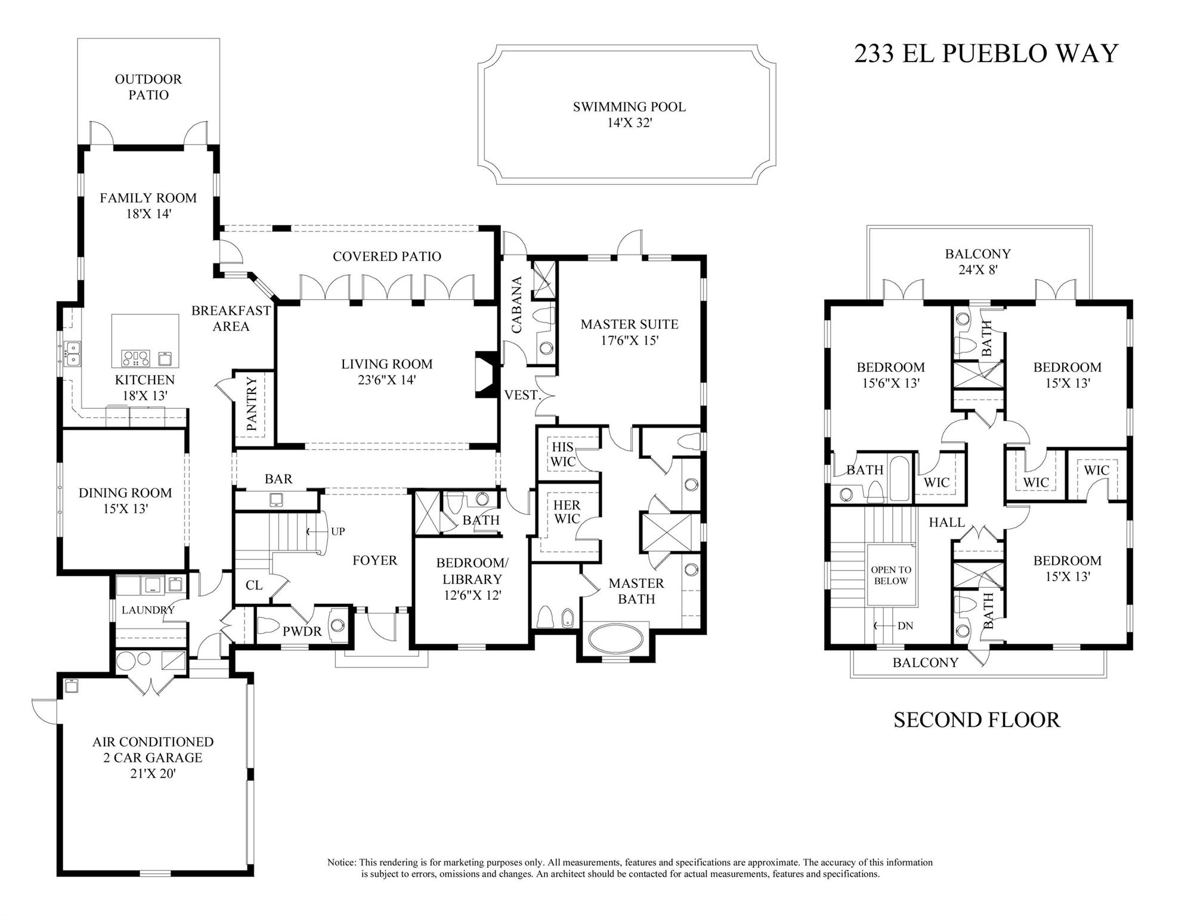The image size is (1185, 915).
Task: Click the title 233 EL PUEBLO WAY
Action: (x=986, y=54)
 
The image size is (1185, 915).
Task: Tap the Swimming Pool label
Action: (x=629, y=107)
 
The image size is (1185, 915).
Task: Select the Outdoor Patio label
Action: (x=148, y=87)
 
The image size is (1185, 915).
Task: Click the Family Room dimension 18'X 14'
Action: (x=148, y=214)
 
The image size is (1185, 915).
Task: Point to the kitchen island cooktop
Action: (x=136, y=358)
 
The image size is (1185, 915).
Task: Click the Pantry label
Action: (x=252, y=404)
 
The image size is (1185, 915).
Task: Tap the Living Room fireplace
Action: (x=486, y=374)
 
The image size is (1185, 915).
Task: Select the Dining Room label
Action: (x=125, y=493)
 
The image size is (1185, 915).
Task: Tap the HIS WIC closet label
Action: (x=562, y=454)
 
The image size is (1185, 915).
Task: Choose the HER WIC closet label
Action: (x=567, y=512)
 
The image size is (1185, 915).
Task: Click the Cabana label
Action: (x=517, y=305)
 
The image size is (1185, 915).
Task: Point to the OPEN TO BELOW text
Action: (x=891, y=575)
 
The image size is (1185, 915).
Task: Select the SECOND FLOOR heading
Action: (x=976, y=720)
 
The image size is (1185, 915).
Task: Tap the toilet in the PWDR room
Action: (x=269, y=626)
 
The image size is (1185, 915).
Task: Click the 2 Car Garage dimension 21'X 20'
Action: (x=153, y=774)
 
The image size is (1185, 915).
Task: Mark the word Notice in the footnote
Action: (x=341, y=863)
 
